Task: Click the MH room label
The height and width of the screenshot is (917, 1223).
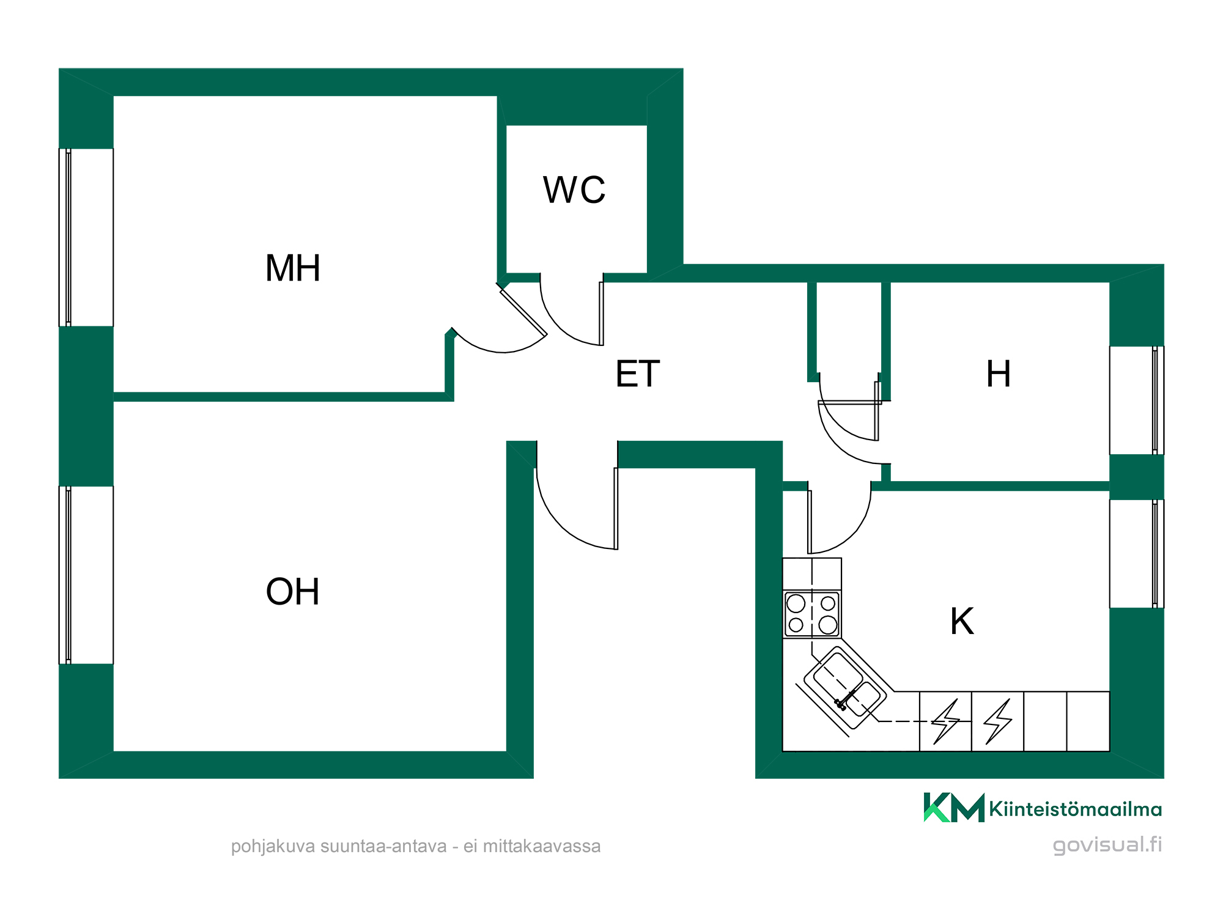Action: [293, 268]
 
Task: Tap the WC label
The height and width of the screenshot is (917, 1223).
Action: [574, 190]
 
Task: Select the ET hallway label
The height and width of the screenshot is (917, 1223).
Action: [638, 374]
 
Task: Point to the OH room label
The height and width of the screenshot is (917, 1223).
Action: [293, 591]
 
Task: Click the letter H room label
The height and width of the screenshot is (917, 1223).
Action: [999, 374]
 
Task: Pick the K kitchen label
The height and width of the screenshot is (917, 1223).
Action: [962, 621]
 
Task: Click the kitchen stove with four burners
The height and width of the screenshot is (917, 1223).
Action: [812, 614]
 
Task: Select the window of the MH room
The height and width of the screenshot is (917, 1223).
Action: [86, 237]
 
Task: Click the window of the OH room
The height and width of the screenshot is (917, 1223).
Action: [86, 575]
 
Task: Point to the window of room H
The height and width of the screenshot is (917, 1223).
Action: [1137, 400]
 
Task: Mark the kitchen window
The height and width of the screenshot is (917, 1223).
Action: [1137, 554]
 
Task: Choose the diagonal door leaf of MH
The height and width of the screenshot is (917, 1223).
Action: [523, 312]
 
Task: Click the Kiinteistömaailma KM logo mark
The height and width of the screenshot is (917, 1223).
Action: [954, 808]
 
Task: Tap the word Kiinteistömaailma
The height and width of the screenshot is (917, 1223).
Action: [1075, 809]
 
